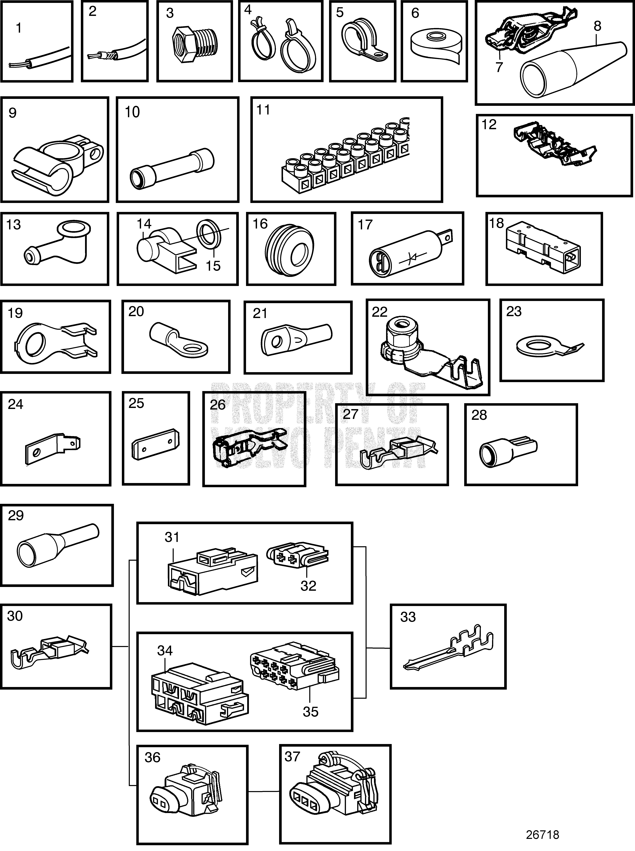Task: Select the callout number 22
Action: click(379, 312)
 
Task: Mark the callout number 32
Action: click(308, 585)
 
